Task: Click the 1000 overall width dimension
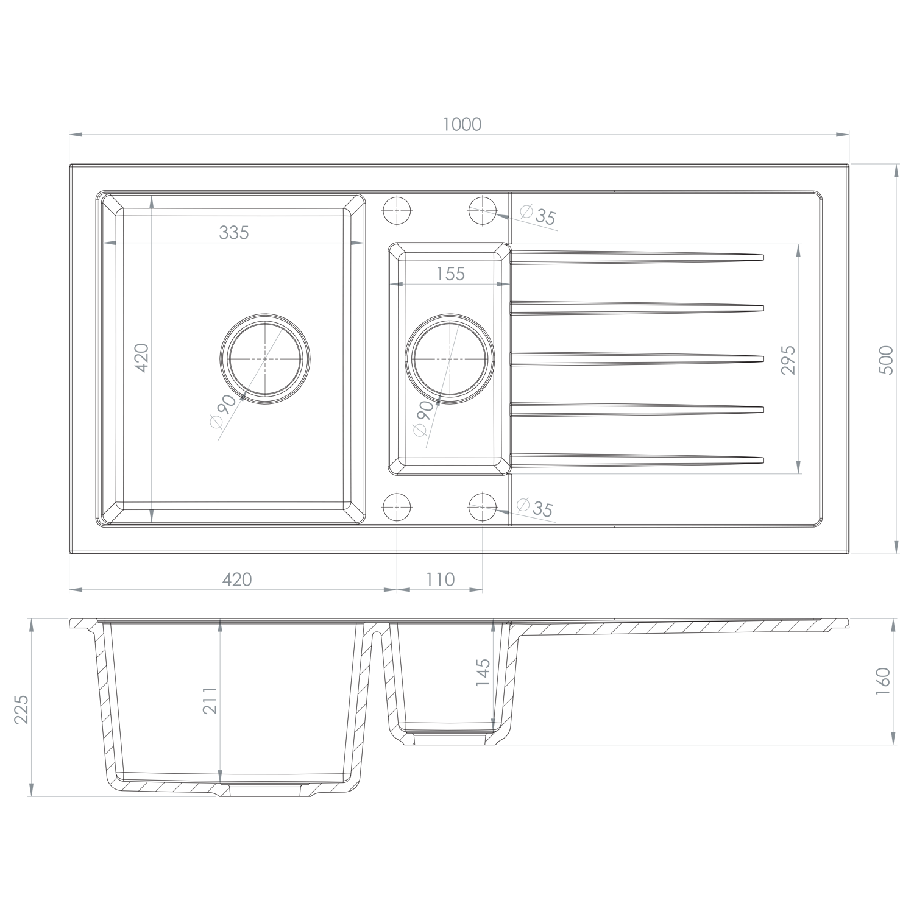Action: click(462, 124)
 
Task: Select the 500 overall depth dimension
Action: click(887, 360)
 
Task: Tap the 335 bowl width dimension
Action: click(235, 232)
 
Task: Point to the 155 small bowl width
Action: click(450, 274)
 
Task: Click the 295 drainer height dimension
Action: click(788, 360)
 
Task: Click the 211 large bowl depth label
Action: click(210, 701)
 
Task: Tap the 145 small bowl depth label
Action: click(482, 673)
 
